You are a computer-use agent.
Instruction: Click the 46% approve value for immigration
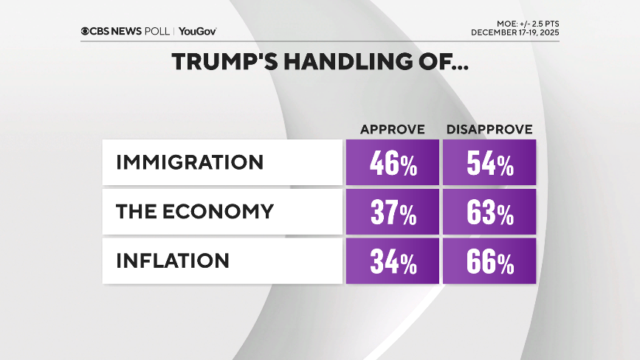(x=393, y=164)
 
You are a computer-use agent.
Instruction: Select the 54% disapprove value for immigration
(x=489, y=164)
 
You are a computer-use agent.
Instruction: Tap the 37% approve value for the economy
(x=393, y=212)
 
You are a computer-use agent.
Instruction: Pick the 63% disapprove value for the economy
(x=489, y=212)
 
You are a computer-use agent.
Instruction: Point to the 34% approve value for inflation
(x=393, y=261)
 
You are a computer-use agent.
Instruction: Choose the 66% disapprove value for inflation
(x=489, y=261)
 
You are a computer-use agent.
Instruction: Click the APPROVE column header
(x=392, y=130)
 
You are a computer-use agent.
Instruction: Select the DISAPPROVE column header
(x=489, y=130)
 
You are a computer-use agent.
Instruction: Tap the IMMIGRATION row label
(x=189, y=162)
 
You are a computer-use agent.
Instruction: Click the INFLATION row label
(x=172, y=260)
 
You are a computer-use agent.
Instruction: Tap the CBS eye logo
(x=86, y=31)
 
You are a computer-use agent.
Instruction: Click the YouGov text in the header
(x=197, y=31)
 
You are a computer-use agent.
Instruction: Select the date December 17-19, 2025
(x=515, y=33)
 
